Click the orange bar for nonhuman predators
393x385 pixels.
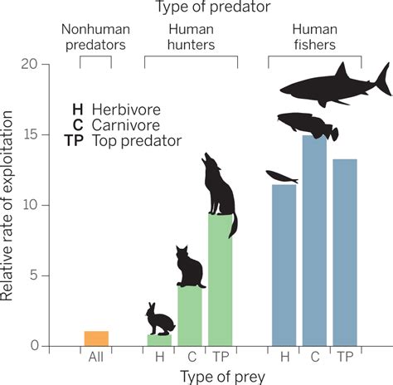coord(96,339)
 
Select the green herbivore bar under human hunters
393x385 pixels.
coord(159,340)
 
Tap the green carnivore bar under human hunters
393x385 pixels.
coord(190,316)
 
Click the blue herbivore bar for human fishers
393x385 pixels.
coord(284,266)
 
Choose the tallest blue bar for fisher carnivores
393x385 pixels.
coord(314,241)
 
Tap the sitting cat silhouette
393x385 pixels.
coord(191,267)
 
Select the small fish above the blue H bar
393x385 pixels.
coord(282,176)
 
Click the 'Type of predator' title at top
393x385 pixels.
coord(197,8)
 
